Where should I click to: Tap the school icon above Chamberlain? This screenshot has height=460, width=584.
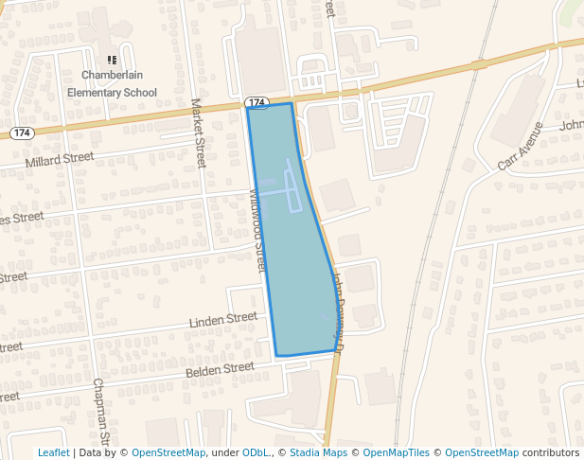112,60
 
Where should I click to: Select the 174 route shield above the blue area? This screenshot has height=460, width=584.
257,101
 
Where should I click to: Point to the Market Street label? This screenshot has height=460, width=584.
199,133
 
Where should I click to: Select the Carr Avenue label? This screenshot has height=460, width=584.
521,146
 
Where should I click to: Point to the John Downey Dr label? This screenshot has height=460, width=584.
340,308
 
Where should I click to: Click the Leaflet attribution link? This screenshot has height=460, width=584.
53,452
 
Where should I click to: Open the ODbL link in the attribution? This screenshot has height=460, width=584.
257,452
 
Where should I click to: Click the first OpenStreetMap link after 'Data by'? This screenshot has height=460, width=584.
168,452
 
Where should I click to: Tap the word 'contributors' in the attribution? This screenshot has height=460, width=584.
551,452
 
